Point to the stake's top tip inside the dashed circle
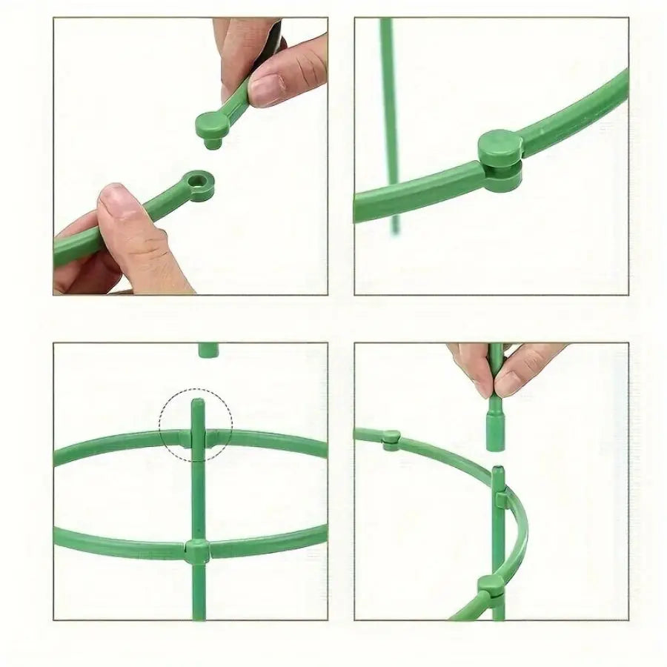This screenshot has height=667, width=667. coord(197,404)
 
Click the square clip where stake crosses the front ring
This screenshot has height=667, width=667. coord(198,551)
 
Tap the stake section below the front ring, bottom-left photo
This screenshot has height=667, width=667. coord(197,593)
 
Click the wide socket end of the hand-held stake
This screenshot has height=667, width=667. coord(495,430)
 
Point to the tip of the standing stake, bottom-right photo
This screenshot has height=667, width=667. coord(499,470)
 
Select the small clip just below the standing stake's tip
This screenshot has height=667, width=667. coord(500,501)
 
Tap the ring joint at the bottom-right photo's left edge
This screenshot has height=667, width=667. coord(391,439)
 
